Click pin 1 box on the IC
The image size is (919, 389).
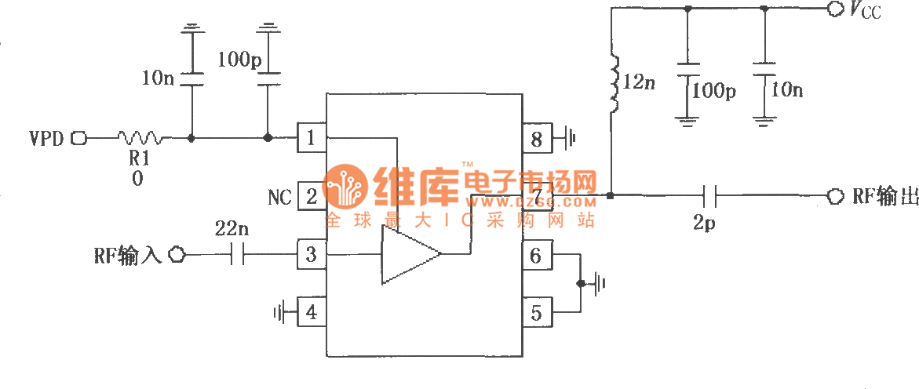[x=311, y=138]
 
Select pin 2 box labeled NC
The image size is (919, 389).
[x=311, y=196]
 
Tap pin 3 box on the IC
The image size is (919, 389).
[x=311, y=254]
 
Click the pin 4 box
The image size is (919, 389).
[x=311, y=312]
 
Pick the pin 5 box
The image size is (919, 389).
[x=537, y=312]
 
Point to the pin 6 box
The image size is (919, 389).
[x=537, y=254]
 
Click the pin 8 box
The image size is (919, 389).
[x=537, y=139]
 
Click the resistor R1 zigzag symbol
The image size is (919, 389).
[x=142, y=139]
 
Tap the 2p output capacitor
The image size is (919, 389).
[x=709, y=195]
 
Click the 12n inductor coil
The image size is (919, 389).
[x=613, y=82]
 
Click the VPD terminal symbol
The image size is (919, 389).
[x=78, y=139]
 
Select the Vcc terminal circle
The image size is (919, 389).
[x=833, y=9]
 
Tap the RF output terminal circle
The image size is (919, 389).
[x=834, y=195]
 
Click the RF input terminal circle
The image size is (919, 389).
[x=178, y=254]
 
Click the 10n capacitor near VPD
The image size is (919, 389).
[x=191, y=79]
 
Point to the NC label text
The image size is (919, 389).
[x=279, y=197]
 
